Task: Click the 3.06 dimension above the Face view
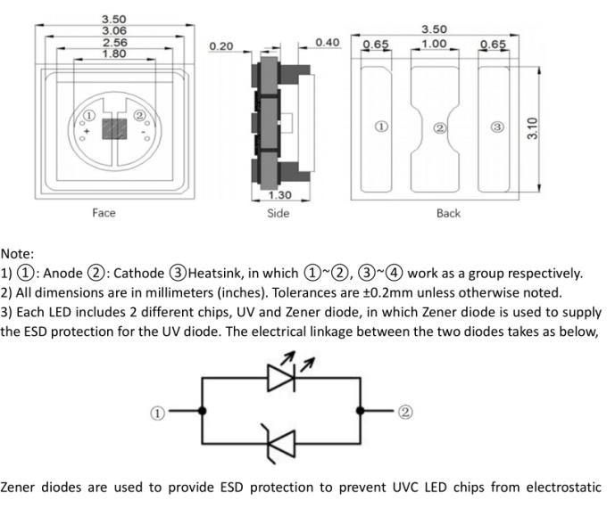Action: click(114, 30)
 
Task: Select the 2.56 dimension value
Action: click(114, 42)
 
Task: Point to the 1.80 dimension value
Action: click(114, 53)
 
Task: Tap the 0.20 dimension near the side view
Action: click(220, 45)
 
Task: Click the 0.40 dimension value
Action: click(328, 42)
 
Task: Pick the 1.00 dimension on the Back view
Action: click(435, 43)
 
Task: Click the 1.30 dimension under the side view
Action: click(279, 194)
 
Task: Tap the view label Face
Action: click(104, 213)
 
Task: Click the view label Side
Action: click(279, 213)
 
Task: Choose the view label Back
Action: click(448, 213)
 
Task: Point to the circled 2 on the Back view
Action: click(439, 128)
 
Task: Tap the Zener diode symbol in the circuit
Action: click(282, 440)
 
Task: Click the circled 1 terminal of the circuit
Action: click(157, 413)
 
